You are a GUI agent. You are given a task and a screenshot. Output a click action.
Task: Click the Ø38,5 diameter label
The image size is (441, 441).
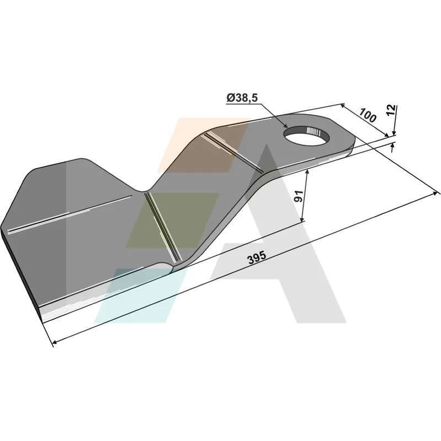[242, 98]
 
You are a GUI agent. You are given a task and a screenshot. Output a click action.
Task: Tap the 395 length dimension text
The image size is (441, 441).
[256, 257]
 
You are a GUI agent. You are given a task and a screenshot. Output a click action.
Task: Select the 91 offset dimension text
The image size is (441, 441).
[298, 196]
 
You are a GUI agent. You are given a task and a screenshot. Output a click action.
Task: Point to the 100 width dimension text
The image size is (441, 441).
[367, 115]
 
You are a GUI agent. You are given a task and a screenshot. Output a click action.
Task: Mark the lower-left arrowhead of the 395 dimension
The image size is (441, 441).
[55, 342]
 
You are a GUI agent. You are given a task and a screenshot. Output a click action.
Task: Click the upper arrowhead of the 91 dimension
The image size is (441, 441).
[308, 172]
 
